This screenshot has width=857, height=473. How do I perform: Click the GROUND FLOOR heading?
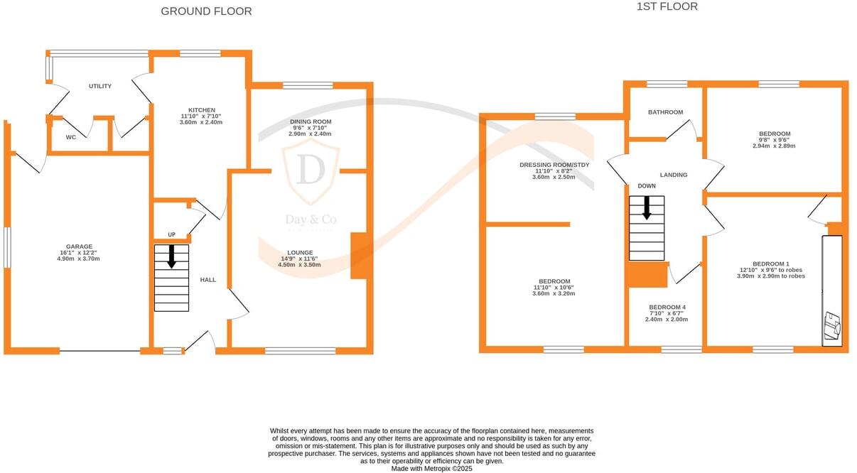206,11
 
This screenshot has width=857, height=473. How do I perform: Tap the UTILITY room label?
100,86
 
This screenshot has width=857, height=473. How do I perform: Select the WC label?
71,137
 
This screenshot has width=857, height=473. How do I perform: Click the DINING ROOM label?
310,121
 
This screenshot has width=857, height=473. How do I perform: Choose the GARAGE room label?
78,246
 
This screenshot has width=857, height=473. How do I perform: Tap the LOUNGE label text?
300,252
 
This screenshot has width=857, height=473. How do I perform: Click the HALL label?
208,280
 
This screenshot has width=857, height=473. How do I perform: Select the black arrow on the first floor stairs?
647,207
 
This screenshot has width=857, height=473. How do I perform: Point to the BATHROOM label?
665,112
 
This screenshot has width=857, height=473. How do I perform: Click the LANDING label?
674,175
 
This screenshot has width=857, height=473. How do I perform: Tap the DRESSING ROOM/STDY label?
554,165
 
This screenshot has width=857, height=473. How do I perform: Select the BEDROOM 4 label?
666,308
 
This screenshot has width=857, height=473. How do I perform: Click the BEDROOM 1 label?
771,263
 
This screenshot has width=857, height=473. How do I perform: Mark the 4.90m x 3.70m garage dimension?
78,259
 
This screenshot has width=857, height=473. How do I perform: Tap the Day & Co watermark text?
311,220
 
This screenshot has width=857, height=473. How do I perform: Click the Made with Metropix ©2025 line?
431,468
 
